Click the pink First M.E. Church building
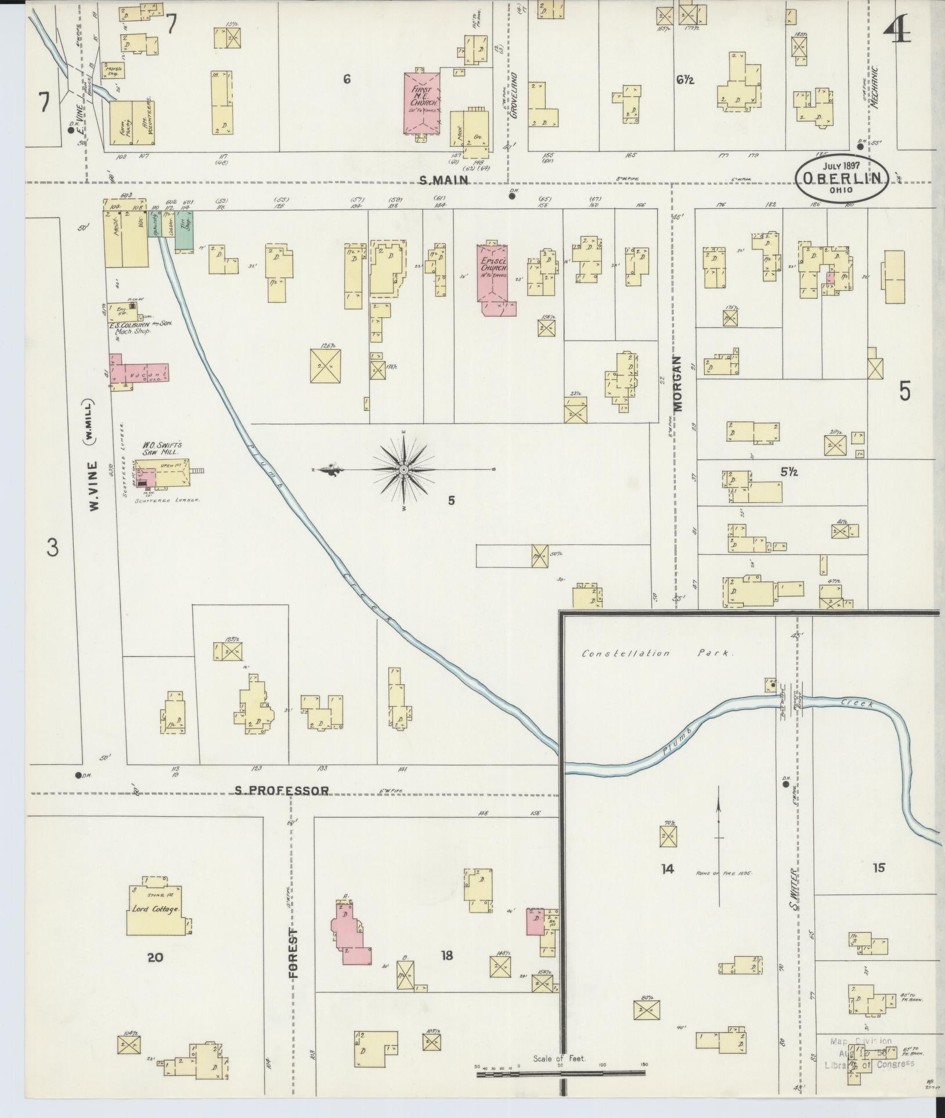421,102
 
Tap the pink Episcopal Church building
493,273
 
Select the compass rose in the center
403,469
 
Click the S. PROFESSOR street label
282,790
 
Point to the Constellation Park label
658,653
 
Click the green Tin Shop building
185,231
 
